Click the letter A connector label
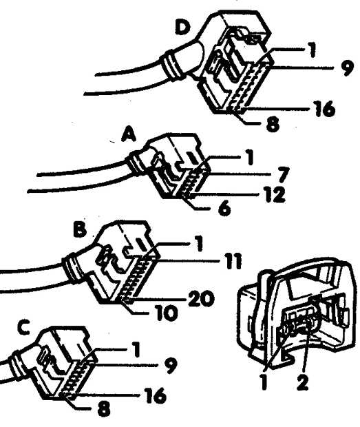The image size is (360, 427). (129, 136)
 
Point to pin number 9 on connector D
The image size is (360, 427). (347, 68)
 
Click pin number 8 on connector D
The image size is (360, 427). (273, 124)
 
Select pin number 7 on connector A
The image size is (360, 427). (282, 174)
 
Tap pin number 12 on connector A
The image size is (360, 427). (273, 194)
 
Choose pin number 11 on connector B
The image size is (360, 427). (232, 261)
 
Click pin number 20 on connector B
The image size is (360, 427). (200, 298)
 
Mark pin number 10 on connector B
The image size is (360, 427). (165, 313)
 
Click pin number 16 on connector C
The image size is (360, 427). (154, 395)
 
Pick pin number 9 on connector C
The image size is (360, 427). (170, 365)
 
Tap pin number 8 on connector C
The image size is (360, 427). (104, 409)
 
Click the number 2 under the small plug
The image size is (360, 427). (303, 382)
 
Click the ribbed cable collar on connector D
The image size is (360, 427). (171, 65)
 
